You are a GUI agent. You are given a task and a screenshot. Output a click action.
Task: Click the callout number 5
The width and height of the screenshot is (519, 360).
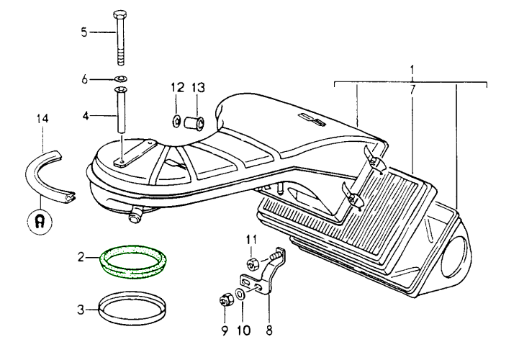[x=84, y=32]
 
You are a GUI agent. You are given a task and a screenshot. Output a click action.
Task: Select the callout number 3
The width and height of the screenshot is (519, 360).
[x=84, y=310]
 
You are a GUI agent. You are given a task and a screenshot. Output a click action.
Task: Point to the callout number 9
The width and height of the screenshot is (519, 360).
[x=224, y=331]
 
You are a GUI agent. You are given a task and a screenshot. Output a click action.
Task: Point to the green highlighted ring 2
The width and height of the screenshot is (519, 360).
[x=132, y=262]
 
